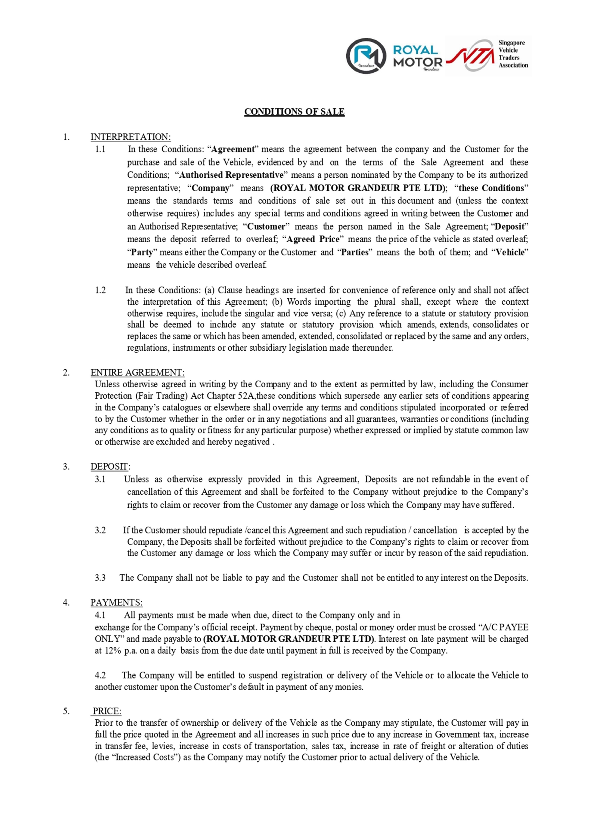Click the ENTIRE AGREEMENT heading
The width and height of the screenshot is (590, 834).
coord(137,372)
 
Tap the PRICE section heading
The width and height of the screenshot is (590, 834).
coord(107,711)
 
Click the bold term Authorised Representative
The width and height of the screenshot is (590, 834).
coord(231,175)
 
